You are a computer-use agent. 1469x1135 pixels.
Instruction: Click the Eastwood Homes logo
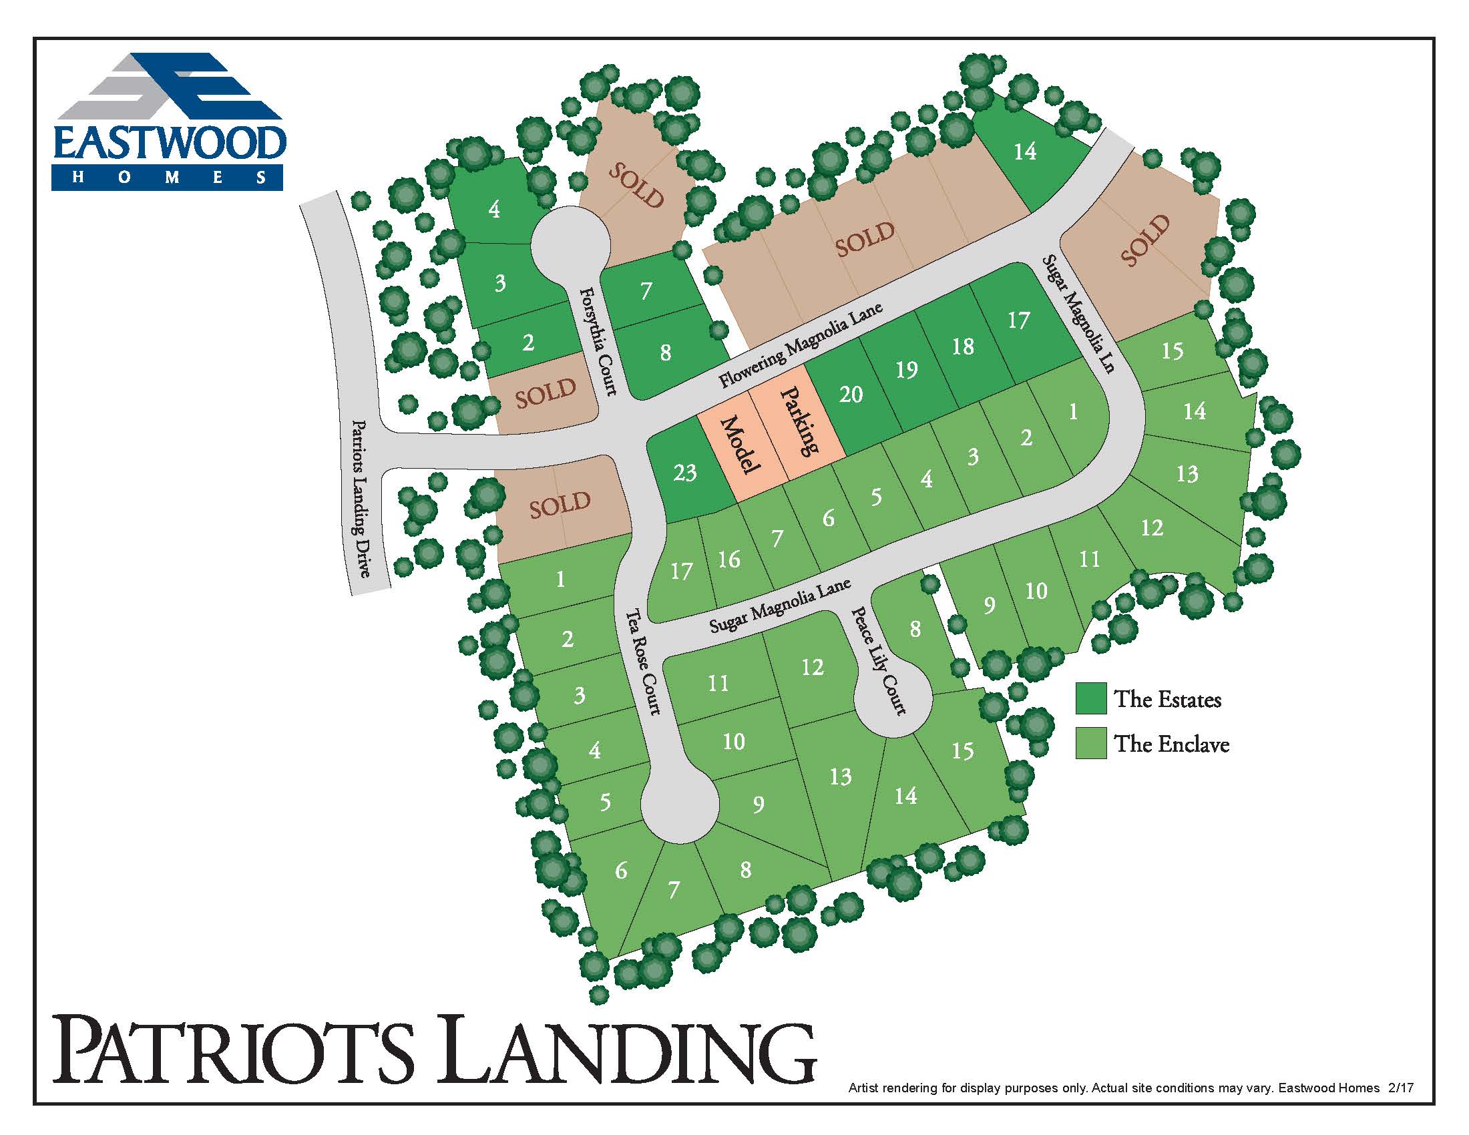(x=168, y=122)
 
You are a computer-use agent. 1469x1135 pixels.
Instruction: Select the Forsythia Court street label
(x=598, y=341)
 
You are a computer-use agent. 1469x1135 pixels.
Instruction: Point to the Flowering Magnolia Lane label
(x=800, y=346)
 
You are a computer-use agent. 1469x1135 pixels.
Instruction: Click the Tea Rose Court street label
(x=644, y=662)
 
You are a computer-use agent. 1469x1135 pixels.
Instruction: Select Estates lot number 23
(x=684, y=473)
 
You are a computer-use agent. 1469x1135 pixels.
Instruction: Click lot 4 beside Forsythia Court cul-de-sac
(x=494, y=209)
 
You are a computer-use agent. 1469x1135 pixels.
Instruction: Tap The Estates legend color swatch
(x=1090, y=698)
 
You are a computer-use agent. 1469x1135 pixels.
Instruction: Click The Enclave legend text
(x=1172, y=744)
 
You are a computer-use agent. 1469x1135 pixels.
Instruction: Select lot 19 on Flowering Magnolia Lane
(x=906, y=369)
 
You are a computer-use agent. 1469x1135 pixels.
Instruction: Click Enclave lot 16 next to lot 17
(x=728, y=559)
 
